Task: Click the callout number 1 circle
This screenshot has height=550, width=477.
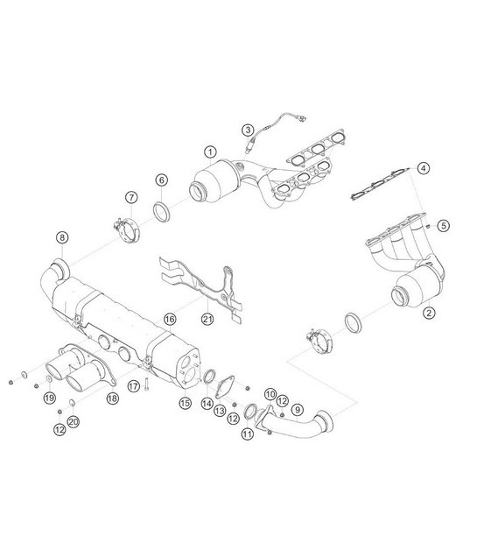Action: point(211,152)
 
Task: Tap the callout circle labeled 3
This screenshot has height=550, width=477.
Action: point(249,130)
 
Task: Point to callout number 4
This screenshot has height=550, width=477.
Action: point(424,168)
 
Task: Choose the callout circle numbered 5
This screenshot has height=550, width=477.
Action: point(444,225)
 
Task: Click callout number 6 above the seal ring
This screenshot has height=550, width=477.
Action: point(162,180)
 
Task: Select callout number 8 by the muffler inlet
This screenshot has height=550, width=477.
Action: point(62,236)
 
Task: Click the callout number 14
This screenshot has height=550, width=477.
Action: point(207,404)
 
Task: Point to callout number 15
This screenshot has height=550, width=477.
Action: point(185,403)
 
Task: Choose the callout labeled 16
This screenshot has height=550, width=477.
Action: point(170,318)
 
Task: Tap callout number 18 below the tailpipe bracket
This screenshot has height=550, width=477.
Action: point(112,398)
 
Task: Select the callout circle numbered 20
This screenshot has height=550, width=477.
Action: point(74,422)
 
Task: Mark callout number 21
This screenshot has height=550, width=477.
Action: point(207,318)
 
